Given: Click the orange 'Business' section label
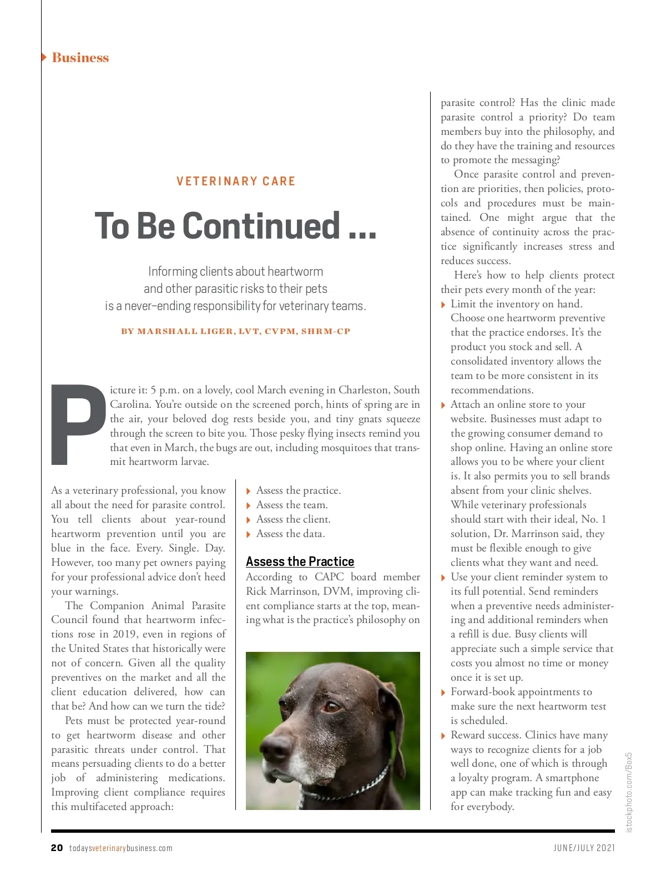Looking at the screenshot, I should click(80, 58).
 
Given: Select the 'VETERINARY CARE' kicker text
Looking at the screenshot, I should click(236, 181).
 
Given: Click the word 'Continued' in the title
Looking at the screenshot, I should click(261, 226).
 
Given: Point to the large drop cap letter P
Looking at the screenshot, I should click(78, 424).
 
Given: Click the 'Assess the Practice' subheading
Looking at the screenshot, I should click(300, 561).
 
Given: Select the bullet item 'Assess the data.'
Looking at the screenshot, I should click(290, 534).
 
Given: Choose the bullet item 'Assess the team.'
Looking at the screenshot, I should click(292, 505).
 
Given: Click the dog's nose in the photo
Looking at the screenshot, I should click(276, 748).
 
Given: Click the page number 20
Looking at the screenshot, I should click(57, 848).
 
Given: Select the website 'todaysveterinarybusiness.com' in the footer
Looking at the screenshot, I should click(120, 848).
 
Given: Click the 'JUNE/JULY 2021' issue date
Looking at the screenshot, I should click(584, 848).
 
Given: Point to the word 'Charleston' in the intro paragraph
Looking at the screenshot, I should click(367, 389).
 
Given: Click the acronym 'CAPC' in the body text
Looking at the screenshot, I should click(329, 577).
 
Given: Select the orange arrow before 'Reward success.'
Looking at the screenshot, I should click(443, 736).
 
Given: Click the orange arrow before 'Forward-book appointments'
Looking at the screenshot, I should click(443, 692).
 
